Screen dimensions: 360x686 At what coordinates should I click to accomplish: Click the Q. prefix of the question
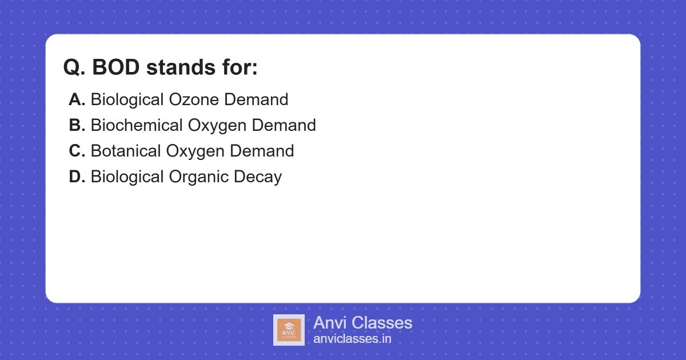[74, 68]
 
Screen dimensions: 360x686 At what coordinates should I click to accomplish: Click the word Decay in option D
[258, 177]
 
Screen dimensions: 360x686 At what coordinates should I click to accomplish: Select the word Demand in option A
[256, 99]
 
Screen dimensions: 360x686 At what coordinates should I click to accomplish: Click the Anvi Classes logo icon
[289, 330]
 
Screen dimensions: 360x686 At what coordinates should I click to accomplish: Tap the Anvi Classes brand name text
[362, 323]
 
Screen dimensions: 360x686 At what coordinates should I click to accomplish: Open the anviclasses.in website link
[352, 339]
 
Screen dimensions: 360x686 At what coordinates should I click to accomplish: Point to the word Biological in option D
[127, 177]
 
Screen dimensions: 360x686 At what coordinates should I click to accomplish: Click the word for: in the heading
[238, 68]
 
